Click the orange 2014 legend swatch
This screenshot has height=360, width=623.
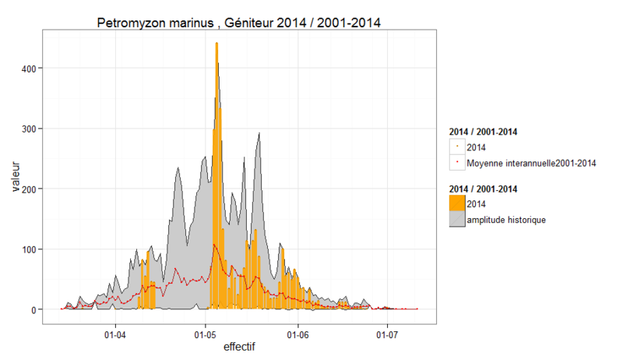pyautogui.click(x=457, y=204)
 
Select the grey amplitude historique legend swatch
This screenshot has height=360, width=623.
pyautogui.click(x=457, y=220)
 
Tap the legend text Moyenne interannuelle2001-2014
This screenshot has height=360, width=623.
pyautogui.click(x=532, y=163)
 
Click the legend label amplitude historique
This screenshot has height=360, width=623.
pyautogui.click(x=506, y=220)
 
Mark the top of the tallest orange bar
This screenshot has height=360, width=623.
pyautogui.click(x=216, y=44)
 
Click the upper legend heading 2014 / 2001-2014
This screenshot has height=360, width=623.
pyautogui.click(x=484, y=131)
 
